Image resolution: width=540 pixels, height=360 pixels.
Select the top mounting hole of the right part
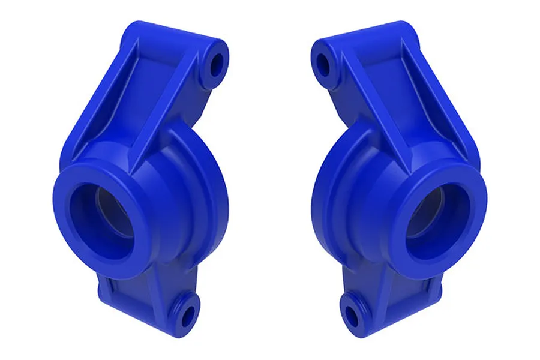[323, 62]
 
